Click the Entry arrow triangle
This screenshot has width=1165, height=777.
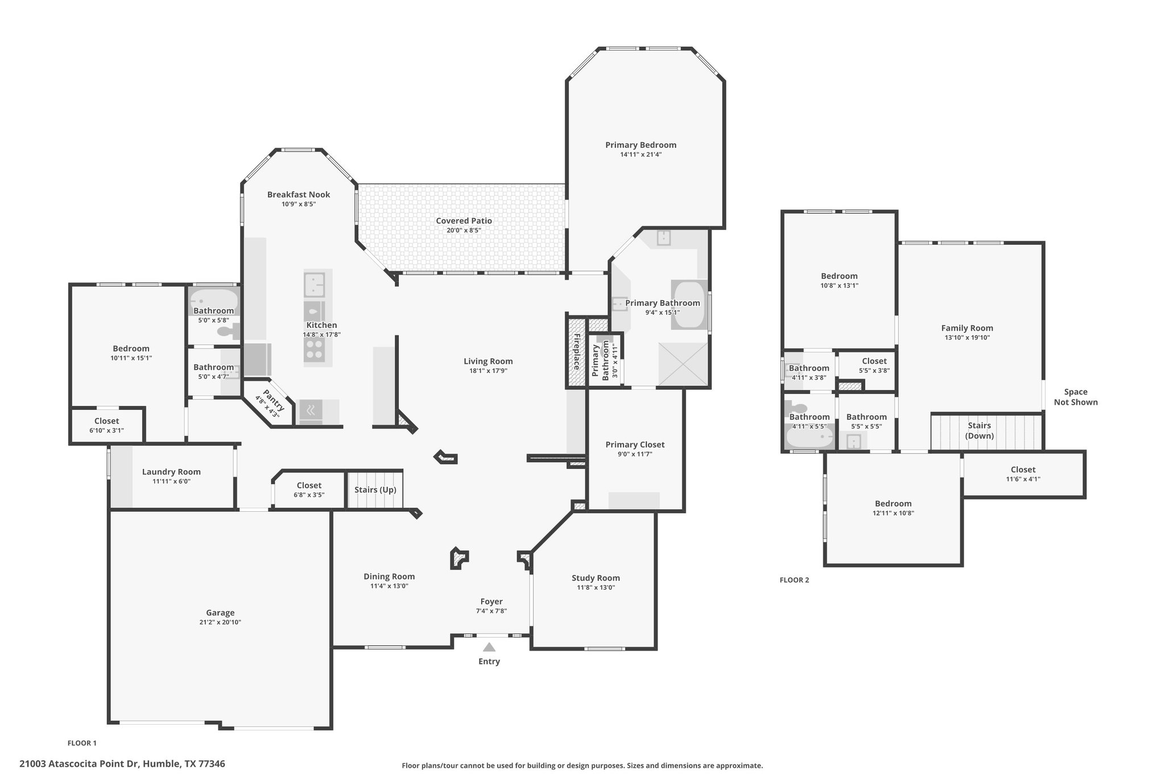pyautogui.click(x=489, y=647)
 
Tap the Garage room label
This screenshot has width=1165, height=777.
pyautogui.click(x=220, y=612)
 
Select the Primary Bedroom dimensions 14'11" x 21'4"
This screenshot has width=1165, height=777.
pyautogui.click(x=641, y=154)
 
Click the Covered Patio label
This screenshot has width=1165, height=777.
pyautogui.click(x=464, y=221)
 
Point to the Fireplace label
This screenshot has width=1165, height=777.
pyautogui.click(x=576, y=352)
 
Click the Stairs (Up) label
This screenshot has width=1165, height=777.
pyautogui.click(x=375, y=490)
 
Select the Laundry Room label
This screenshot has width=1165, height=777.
pyautogui.click(x=171, y=472)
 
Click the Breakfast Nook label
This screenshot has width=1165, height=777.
pyautogui.click(x=299, y=195)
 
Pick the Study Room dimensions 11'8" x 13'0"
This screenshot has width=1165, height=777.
pyautogui.click(x=596, y=587)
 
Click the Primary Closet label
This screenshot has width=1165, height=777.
pyautogui.click(x=635, y=445)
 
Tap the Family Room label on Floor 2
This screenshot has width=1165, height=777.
pyautogui.click(x=967, y=328)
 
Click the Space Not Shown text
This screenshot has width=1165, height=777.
pyautogui.click(x=1076, y=397)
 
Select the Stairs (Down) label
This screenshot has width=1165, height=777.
pyautogui.click(x=980, y=430)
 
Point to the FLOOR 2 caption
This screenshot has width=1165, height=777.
pyautogui.click(x=794, y=580)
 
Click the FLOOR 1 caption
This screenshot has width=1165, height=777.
pyautogui.click(x=82, y=743)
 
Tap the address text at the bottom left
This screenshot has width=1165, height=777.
pyautogui.click(x=122, y=764)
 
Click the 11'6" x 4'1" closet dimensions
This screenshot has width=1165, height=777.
pyautogui.click(x=1023, y=479)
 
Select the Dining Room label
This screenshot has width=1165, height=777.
pyautogui.click(x=389, y=577)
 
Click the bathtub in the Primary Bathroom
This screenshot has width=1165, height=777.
pyautogui.click(x=689, y=305)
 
